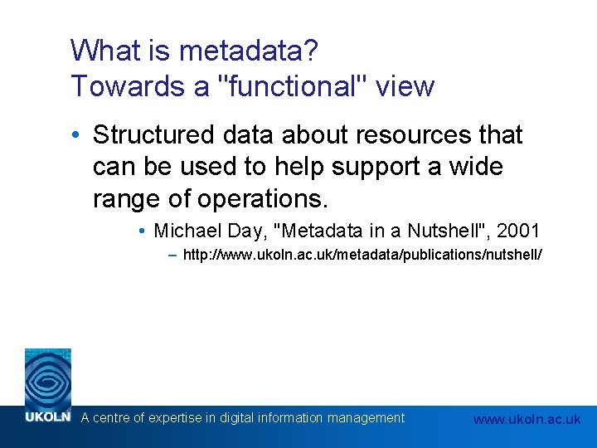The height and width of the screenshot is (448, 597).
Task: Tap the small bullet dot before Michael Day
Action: [x=143, y=231]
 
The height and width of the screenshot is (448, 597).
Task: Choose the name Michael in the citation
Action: [x=185, y=231]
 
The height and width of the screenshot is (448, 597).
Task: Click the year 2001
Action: [x=519, y=231]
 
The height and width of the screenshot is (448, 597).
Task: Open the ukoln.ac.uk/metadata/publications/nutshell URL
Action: [x=363, y=256]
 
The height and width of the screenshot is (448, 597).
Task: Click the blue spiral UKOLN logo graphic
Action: [x=47, y=377]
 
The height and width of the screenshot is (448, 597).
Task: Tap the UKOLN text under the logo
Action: [x=47, y=418]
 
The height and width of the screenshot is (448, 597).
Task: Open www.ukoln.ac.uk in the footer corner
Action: [x=527, y=419]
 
